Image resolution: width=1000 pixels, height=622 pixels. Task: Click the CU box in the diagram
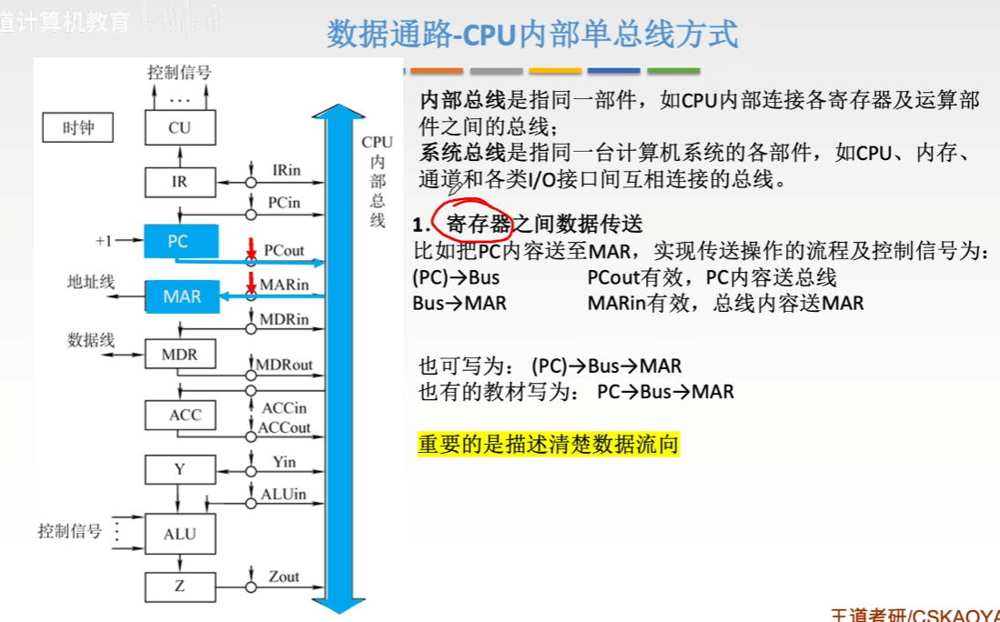click(180, 127)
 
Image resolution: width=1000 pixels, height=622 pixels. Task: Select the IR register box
click(180, 181)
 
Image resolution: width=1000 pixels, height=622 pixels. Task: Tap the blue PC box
click(180, 241)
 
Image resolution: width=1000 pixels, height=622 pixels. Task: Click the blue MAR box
click(182, 296)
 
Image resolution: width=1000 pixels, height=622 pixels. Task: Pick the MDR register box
click(180, 354)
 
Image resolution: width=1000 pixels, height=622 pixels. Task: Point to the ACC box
click(180, 415)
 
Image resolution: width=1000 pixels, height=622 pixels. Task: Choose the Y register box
click(180, 470)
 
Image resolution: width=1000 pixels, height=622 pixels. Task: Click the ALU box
click(180, 533)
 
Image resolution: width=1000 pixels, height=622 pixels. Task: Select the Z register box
click(180, 587)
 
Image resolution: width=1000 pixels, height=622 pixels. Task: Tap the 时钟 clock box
click(79, 128)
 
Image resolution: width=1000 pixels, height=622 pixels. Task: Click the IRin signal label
click(286, 170)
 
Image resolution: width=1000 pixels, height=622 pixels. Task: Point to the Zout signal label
click(284, 577)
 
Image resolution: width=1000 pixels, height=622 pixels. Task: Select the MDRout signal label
click(284, 366)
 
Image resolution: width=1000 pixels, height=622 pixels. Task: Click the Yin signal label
click(284, 462)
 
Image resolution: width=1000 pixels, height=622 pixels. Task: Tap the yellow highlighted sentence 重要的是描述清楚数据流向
click(549, 446)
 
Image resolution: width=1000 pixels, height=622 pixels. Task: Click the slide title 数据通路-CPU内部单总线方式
click(532, 35)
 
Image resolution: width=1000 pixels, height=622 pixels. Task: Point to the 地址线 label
click(91, 282)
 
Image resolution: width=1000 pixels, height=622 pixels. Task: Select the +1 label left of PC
click(104, 241)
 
